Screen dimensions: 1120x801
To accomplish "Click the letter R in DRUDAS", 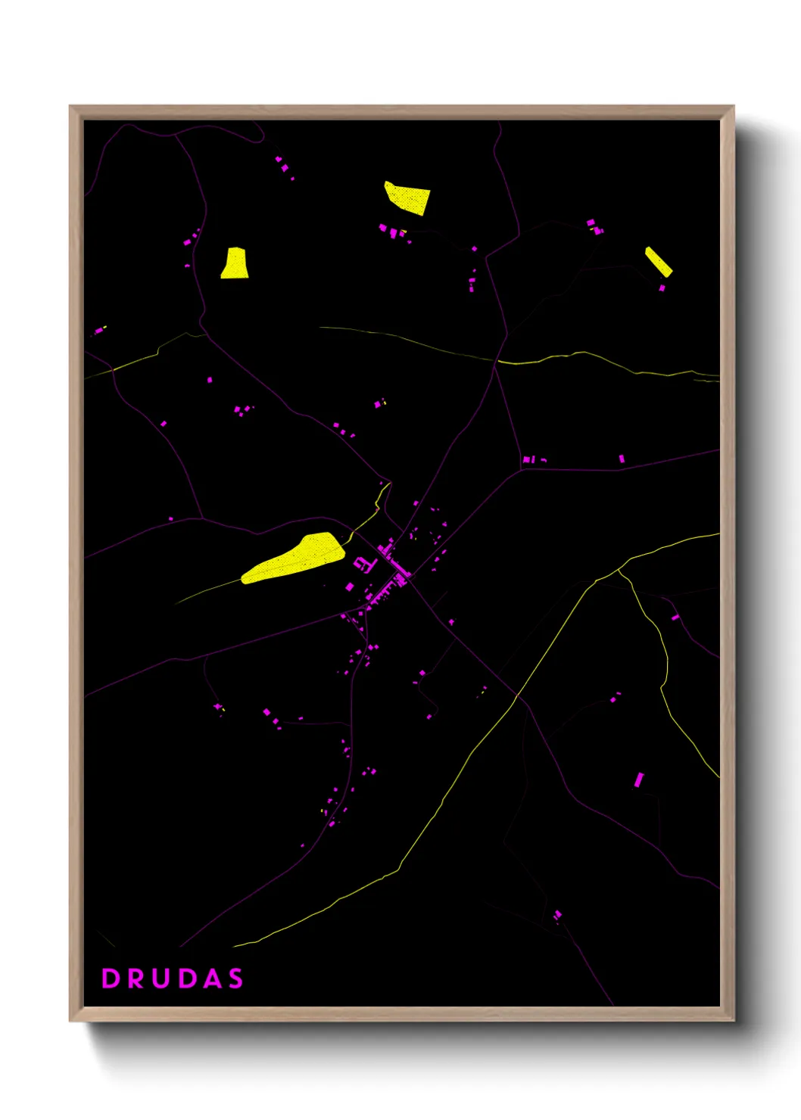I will tap(137, 978).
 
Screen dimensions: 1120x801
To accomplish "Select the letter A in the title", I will tap(212, 978).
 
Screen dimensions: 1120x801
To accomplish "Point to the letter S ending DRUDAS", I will tap(236, 978).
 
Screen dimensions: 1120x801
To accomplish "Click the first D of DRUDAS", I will tap(111, 978).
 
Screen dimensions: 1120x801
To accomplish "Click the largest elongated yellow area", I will tap(294, 558).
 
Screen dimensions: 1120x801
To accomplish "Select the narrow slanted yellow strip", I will tap(658, 261).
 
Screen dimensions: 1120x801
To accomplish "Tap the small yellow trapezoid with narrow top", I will tap(235, 263).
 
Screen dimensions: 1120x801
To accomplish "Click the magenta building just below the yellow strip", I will tap(662, 288).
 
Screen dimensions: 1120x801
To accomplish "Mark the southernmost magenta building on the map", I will tap(558, 916).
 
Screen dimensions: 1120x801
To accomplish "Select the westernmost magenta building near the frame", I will tap(98, 331).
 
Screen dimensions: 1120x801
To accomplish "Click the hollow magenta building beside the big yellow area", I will tap(364, 564).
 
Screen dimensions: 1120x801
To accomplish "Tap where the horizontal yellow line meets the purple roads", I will tap(497, 361).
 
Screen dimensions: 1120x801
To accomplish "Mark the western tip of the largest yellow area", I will tap(243, 580).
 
